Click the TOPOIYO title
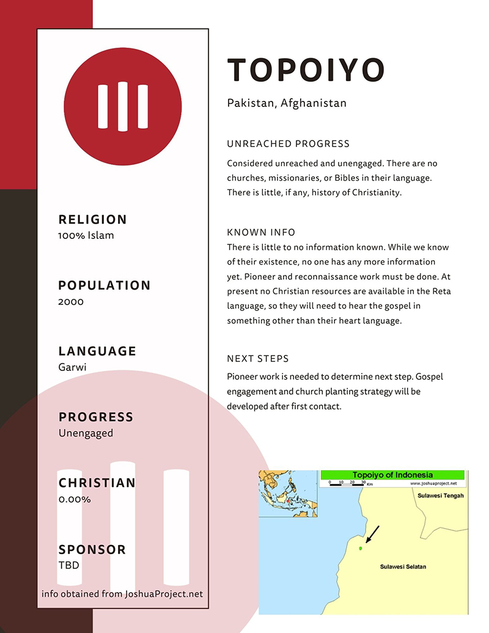pos(306,70)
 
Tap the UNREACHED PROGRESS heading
pos(288,144)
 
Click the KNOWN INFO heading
pos(261,232)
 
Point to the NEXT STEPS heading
pos(257,359)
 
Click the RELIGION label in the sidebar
pos(93,219)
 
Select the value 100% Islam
pos(86,235)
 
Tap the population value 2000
pos(71,301)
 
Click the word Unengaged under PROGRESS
pos(86,433)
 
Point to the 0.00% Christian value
pos(75,499)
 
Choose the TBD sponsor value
pos(69,565)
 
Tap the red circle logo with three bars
pos(123,106)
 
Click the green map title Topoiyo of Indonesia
pos(392,475)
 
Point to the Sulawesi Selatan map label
pos(403,567)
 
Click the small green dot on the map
pos(361,548)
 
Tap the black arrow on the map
pos(372,533)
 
